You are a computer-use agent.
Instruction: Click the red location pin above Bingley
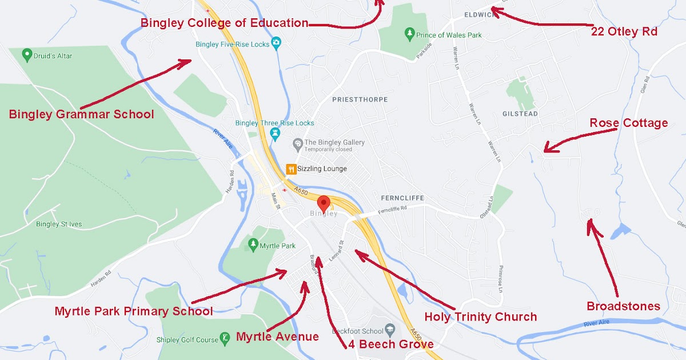click(x=324, y=203)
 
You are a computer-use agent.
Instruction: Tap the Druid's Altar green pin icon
click(x=26, y=55)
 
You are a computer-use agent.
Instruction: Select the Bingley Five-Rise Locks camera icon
click(x=276, y=43)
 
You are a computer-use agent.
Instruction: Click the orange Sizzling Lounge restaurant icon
click(x=290, y=169)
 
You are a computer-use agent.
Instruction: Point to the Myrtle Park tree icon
click(x=253, y=245)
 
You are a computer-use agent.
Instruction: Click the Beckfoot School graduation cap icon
click(x=390, y=331)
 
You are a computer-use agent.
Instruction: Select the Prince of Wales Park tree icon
click(x=409, y=35)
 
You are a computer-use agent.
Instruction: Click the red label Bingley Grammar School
click(x=81, y=114)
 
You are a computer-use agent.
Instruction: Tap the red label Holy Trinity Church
click(x=480, y=317)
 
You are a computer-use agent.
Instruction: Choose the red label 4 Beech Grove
click(x=390, y=345)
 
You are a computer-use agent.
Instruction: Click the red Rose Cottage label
click(x=628, y=123)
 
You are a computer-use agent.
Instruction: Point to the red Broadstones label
click(x=623, y=306)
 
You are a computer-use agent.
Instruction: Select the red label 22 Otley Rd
click(x=624, y=31)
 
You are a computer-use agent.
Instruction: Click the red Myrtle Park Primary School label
click(x=134, y=311)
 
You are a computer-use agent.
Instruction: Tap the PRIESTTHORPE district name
click(x=360, y=99)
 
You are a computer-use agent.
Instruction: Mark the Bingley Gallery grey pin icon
click(x=297, y=143)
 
